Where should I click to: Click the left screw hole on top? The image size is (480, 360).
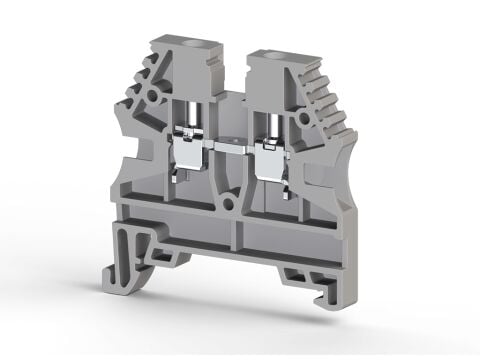(x=186, y=47)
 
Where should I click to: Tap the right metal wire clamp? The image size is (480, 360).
(x=272, y=155)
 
